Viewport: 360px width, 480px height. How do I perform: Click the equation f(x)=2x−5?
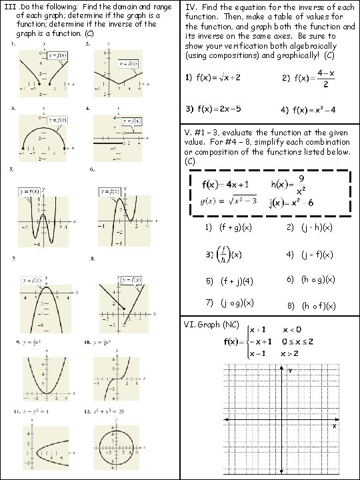click(x=213, y=109)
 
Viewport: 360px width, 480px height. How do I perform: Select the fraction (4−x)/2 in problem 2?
click(x=325, y=79)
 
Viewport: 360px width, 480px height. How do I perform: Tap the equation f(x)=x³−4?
click(x=311, y=109)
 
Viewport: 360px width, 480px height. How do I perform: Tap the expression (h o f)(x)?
click(x=319, y=306)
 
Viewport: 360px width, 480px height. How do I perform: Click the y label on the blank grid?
click(x=291, y=371)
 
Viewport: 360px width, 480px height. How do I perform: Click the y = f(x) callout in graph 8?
click(x=129, y=279)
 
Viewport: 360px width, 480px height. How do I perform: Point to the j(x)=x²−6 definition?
click(x=297, y=203)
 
